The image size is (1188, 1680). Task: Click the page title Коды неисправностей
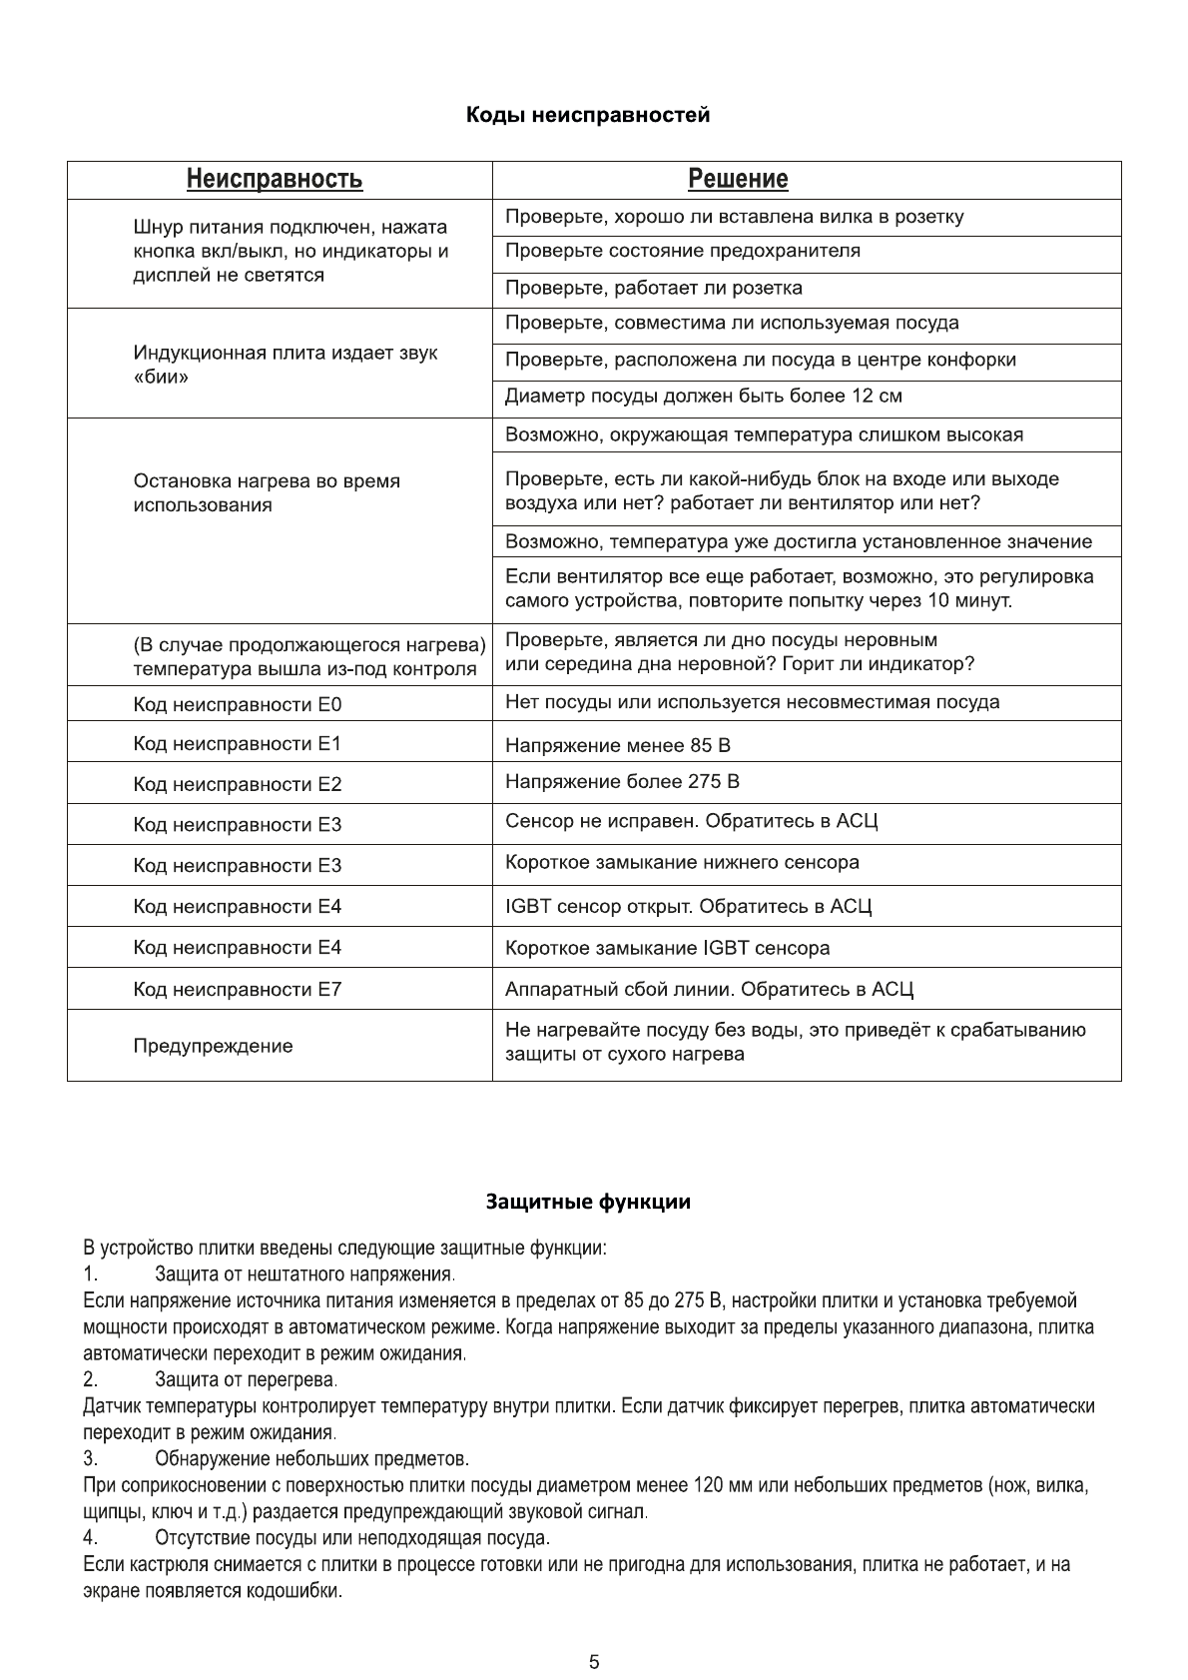(x=588, y=115)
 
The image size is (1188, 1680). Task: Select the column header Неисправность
(x=275, y=180)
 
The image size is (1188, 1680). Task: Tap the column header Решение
(x=738, y=180)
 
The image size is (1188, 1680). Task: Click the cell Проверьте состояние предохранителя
(x=682, y=251)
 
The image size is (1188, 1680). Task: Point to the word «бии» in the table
(x=161, y=378)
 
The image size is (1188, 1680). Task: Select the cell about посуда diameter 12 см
(x=703, y=397)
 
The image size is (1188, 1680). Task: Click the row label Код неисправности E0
(x=238, y=705)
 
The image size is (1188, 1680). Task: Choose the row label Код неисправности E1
(x=238, y=744)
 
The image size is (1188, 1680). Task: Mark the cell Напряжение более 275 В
(x=622, y=782)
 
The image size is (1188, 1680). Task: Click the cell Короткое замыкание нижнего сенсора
(x=682, y=863)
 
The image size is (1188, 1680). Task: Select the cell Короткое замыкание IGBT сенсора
(x=667, y=948)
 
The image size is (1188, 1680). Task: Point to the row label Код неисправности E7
(x=238, y=990)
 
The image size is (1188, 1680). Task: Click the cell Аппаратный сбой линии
(x=709, y=990)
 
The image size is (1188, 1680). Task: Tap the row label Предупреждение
(x=214, y=1047)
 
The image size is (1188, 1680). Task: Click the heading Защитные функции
(x=588, y=1202)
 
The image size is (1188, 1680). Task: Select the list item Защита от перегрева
(x=246, y=1380)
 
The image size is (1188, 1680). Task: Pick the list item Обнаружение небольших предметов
(x=311, y=1459)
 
